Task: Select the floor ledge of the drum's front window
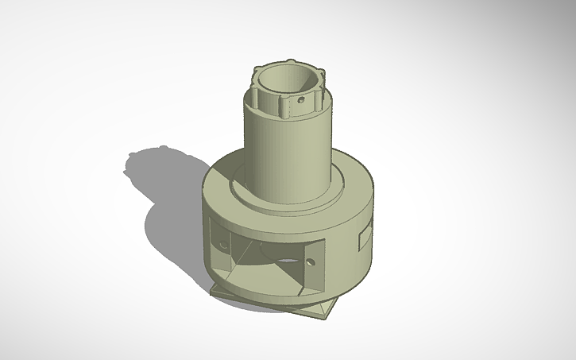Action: tap(262, 282)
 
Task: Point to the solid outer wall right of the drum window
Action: tap(346, 254)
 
